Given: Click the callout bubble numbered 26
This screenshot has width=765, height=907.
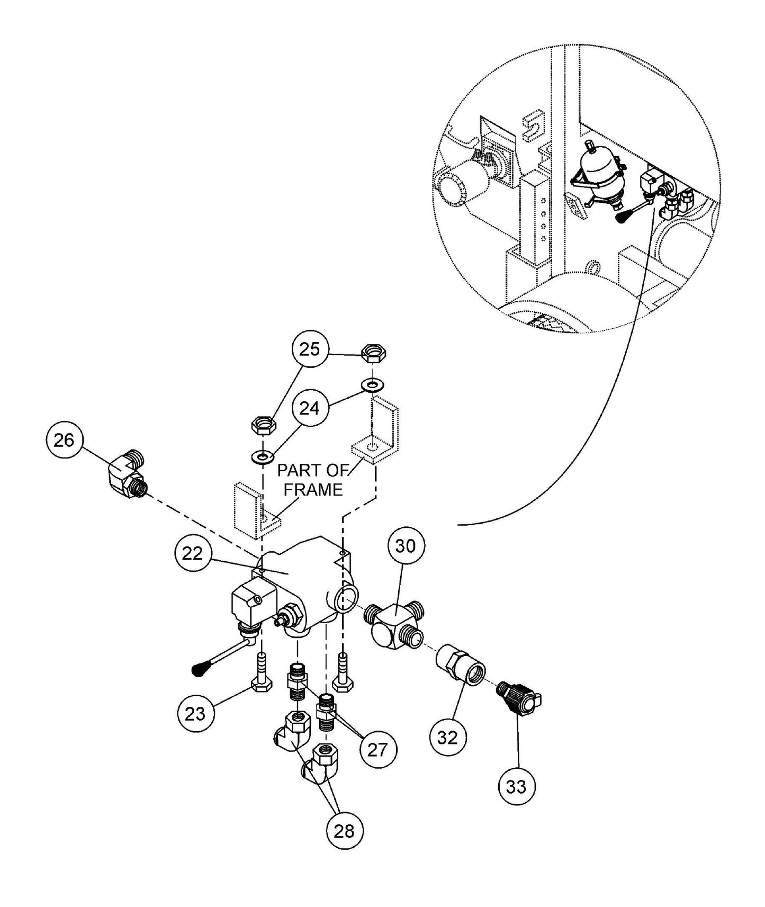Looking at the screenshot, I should pyautogui.click(x=64, y=440).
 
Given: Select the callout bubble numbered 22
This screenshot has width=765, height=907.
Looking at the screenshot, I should pyautogui.click(x=193, y=553).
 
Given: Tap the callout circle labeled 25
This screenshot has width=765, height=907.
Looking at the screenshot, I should pyautogui.click(x=310, y=349).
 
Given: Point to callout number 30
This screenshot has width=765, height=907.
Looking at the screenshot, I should pyautogui.click(x=406, y=546).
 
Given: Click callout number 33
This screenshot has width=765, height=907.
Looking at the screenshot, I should pyautogui.click(x=517, y=787).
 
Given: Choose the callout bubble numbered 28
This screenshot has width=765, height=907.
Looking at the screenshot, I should pyautogui.click(x=344, y=831).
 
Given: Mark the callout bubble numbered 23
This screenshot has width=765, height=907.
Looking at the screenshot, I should pyautogui.click(x=195, y=714).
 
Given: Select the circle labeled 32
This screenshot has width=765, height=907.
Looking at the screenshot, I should pyautogui.click(x=448, y=738).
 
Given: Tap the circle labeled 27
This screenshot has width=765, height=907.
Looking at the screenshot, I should pyautogui.click(x=378, y=749).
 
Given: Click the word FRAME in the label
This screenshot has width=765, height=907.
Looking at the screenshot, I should pyautogui.click(x=313, y=489).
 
